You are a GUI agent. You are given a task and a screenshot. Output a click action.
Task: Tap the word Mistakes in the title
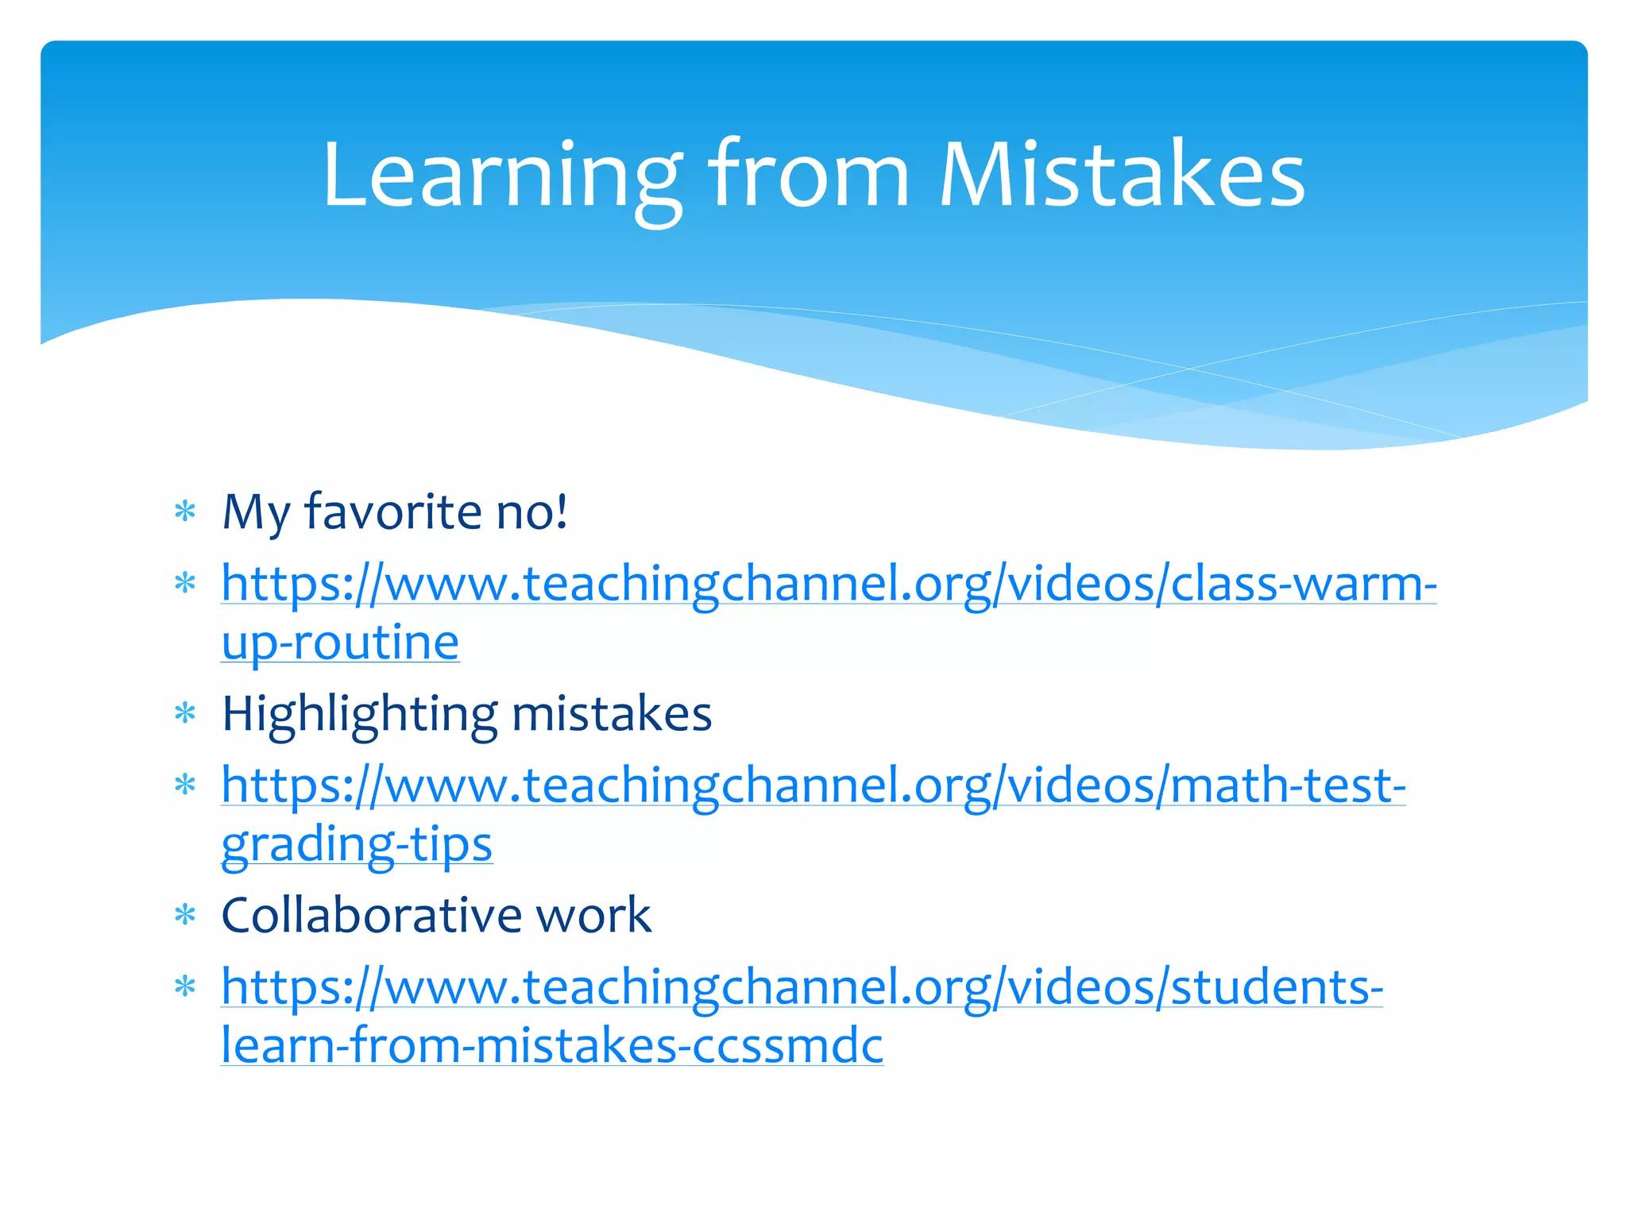click(x=1122, y=176)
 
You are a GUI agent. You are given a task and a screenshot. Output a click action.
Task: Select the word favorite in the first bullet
click(x=393, y=512)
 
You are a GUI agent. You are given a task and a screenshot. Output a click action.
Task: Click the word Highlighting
click(x=359, y=714)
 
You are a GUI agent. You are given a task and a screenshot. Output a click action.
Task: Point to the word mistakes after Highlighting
click(x=612, y=714)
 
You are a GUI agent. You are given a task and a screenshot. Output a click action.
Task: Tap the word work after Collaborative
click(x=593, y=916)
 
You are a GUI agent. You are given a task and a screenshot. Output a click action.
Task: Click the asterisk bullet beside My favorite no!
click(x=185, y=512)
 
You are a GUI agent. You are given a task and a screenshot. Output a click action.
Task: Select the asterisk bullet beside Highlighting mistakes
click(x=185, y=713)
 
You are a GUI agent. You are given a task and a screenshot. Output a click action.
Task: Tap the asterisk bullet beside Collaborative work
click(x=185, y=916)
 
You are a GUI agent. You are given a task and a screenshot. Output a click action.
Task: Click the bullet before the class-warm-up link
click(x=185, y=584)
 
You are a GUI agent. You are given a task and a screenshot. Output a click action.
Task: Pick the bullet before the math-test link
click(x=185, y=786)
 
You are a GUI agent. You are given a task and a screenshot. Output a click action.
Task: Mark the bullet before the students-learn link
click(x=185, y=987)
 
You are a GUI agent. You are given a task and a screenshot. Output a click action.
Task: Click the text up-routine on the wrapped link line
click(x=340, y=643)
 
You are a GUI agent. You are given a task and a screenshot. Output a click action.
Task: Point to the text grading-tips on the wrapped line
click(x=357, y=844)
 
